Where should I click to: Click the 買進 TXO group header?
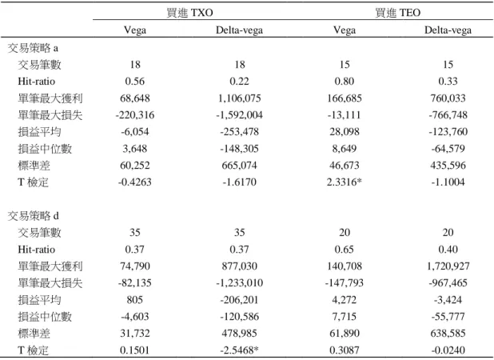pyautogui.click(x=189, y=13)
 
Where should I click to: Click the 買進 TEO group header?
pyautogui.click(x=397, y=13)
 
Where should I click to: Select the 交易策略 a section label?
pyautogui.click(x=33, y=48)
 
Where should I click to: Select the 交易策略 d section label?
pyautogui.click(x=33, y=216)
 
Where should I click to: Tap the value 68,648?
pyautogui.click(x=135, y=98)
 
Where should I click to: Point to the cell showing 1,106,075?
pyautogui.click(x=240, y=98)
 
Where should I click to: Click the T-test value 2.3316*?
pyautogui.click(x=344, y=182)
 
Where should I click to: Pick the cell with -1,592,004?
pyautogui.click(x=240, y=114)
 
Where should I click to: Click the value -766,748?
pyautogui.click(x=448, y=114)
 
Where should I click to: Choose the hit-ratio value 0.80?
pyautogui.click(x=344, y=82)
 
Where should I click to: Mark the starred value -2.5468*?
pyautogui.click(x=240, y=350)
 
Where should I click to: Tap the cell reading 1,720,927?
pyautogui.click(x=448, y=266)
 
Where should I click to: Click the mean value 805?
pyautogui.click(x=135, y=299)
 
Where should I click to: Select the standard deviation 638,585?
pyautogui.click(x=448, y=334)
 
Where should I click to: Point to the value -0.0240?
pyautogui.click(x=448, y=350)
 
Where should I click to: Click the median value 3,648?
pyautogui.click(x=135, y=149)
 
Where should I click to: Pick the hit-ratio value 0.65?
pyautogui.click(x=344, y=250)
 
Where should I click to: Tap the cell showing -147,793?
pyautogui.click(x=344, y=282)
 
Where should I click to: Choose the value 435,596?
pyautogui.click(x=448, y=165)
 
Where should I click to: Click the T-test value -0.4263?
pyautogui.click(x=135, y=182)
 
